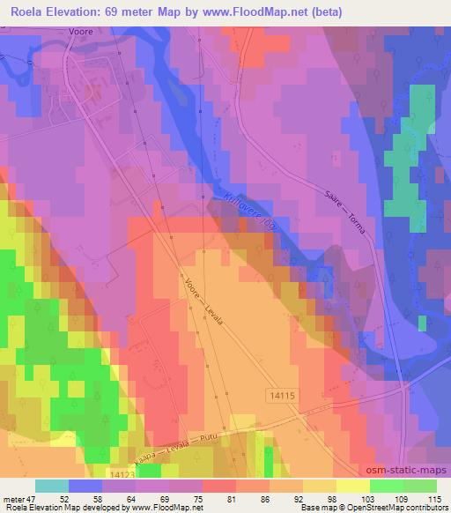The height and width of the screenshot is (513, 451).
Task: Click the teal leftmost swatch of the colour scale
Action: coord(52,485)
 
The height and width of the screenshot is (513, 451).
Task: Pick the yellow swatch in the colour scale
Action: coord(353,485)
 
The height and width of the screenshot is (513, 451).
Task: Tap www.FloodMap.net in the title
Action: coord(237,12)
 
